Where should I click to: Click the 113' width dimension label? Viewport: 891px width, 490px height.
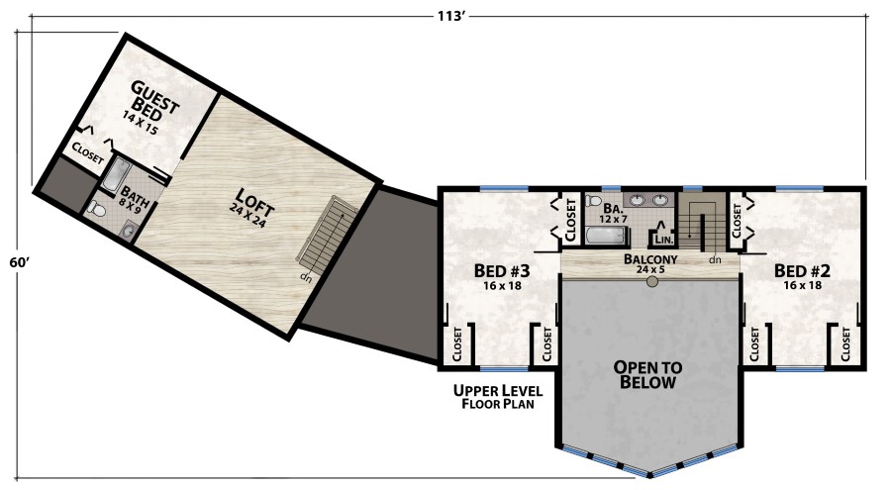[451, 16]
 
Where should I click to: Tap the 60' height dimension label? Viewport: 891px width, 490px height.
[20, 262]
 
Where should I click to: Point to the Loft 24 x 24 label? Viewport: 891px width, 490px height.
[251, 208]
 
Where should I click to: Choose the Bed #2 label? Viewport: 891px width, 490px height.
[802, 276]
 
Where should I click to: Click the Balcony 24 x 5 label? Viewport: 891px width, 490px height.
[650, 263]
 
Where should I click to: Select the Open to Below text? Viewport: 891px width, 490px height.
[647, 374]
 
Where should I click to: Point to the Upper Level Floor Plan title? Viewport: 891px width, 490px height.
[498, 397]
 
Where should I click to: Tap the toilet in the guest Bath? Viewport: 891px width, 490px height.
[98, 210]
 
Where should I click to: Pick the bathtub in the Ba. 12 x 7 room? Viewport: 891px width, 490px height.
[607, 236]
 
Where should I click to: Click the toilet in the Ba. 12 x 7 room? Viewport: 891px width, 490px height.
[594, 201]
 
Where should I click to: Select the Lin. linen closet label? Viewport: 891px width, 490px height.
[663, 240]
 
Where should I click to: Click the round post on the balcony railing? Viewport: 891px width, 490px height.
[652, 282]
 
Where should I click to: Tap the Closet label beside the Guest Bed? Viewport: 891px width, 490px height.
[88, 152]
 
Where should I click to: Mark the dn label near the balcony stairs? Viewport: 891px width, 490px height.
[715, 259]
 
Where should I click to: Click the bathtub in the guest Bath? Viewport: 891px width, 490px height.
[118, 174]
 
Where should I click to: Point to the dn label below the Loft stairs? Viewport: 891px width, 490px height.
[306, 278]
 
